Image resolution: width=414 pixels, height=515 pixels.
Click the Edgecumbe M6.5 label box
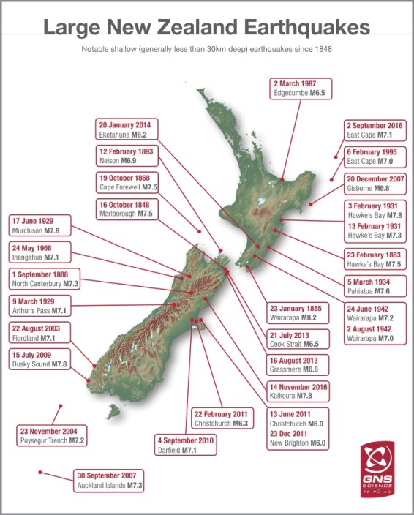[x=301, y=89]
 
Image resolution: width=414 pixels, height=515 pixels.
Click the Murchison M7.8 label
[x=42, y=225]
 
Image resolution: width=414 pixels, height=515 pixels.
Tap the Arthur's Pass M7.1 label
[x=42, y=305]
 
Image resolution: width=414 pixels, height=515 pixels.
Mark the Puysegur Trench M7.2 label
[x=53, y=436]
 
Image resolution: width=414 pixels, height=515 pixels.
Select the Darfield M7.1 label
[x=186, y=446]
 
